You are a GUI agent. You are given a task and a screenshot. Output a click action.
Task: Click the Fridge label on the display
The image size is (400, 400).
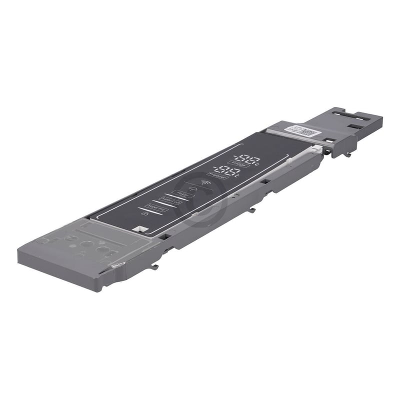[236, 163]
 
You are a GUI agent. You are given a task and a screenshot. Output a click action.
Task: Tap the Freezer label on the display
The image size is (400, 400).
[218, 176]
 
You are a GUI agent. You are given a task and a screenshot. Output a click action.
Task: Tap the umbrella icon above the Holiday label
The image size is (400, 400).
[191, 188]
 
